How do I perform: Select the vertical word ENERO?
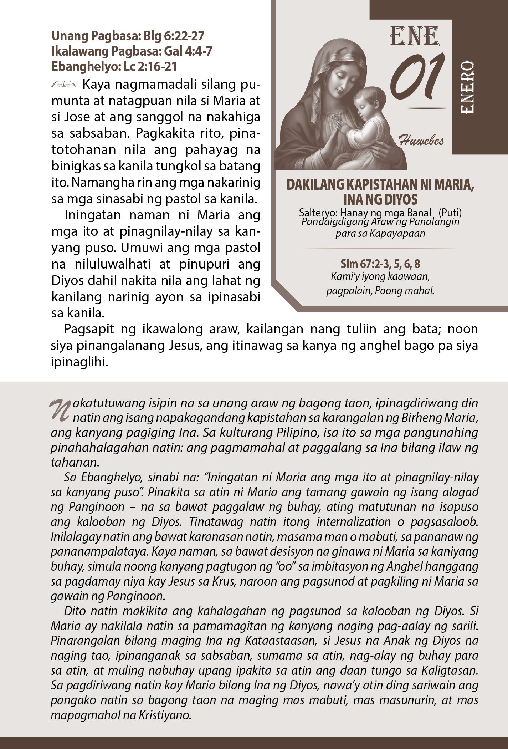467,88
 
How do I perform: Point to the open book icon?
64,85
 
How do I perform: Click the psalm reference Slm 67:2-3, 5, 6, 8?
380,264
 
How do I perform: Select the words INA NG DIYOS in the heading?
380,199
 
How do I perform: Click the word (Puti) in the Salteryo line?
450,213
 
